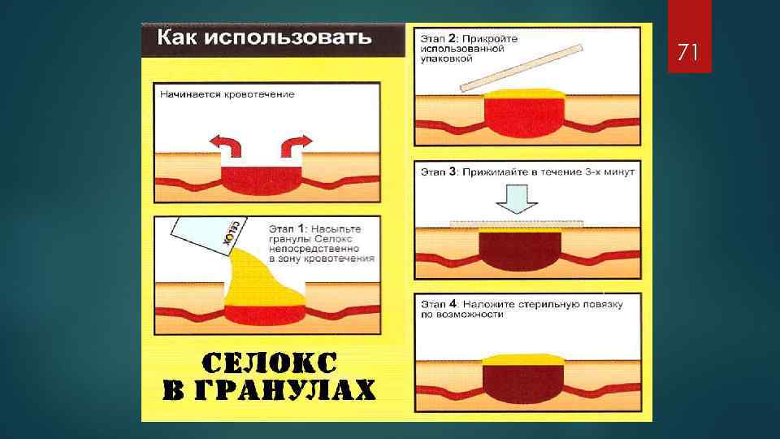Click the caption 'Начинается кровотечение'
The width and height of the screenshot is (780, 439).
pyautogui.click(x=227, y=94)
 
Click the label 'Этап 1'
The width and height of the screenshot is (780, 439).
pyautogui.click(x=288, y=229)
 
